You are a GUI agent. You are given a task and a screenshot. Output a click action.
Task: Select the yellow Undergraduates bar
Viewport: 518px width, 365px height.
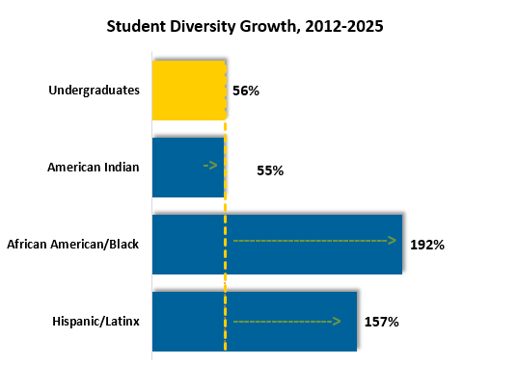tap(188, 90)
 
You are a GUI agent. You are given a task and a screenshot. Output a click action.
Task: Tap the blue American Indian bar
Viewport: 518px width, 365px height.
tap(188, 167)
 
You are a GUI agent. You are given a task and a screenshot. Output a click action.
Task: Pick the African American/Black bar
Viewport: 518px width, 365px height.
tap(277, 244)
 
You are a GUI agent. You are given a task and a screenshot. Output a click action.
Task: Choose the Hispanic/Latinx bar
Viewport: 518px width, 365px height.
tap(254, 321)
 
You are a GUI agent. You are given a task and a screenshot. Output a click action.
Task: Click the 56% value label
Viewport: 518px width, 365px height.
tap(246, 91)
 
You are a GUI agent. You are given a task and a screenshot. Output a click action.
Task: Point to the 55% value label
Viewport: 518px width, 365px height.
tap(269, 170)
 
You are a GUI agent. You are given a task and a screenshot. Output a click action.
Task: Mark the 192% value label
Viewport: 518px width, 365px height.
tap(426, 245)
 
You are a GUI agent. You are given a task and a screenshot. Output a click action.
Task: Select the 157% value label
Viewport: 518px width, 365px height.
tap(381, 322)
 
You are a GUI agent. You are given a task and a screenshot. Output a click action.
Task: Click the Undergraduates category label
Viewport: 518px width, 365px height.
tap(94, 91)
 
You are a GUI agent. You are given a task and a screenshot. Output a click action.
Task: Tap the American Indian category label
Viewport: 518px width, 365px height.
tap(93, 168)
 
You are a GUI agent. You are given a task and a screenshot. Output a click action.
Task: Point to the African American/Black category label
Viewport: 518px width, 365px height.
tap(73, 245)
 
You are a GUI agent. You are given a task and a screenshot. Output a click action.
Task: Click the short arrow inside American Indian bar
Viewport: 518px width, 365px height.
tap(211, 166)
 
